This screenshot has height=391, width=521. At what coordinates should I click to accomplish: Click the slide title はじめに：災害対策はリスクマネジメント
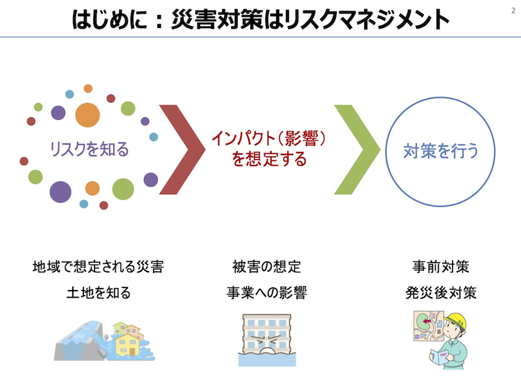(260, 20)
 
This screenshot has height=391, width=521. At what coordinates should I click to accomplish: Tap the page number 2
(513, 10)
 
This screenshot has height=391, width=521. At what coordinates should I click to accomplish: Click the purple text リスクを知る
(89, 149)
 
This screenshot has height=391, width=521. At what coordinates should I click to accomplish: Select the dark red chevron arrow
(182, 149)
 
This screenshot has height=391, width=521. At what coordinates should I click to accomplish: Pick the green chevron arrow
(357, 149)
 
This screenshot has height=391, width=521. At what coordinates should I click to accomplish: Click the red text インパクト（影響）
(268, 138)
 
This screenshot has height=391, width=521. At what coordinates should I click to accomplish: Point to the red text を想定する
(269, 158)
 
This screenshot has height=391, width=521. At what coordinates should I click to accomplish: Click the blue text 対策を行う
(441, 151)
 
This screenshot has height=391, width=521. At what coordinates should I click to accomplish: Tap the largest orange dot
(87, 115)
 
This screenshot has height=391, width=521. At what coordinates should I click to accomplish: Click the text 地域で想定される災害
(98, 267)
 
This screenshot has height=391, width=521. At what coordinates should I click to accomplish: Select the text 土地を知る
(98, 293)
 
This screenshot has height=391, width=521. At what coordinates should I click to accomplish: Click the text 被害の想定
(267, 267)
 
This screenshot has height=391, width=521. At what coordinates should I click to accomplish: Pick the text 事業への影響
(267, 293)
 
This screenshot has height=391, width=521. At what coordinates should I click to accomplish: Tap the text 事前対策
(441, 267)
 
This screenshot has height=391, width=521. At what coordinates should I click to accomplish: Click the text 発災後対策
(441, 293)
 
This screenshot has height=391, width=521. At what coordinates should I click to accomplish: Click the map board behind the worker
(429, 326)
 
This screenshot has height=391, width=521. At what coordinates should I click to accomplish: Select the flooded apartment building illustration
(267, 340)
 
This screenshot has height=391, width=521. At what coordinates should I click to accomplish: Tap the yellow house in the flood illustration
(127, 345)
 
